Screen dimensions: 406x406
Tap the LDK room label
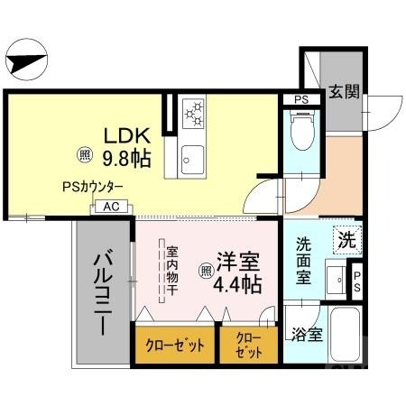coord(125,136)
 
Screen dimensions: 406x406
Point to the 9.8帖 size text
coord(125,158)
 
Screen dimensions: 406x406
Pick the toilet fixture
coord(300,132)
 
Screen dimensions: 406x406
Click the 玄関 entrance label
coord(344,91)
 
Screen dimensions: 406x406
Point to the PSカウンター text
coord(92,188)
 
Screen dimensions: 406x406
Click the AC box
coord(111,207)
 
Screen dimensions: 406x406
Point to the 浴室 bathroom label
coord(306,335)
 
